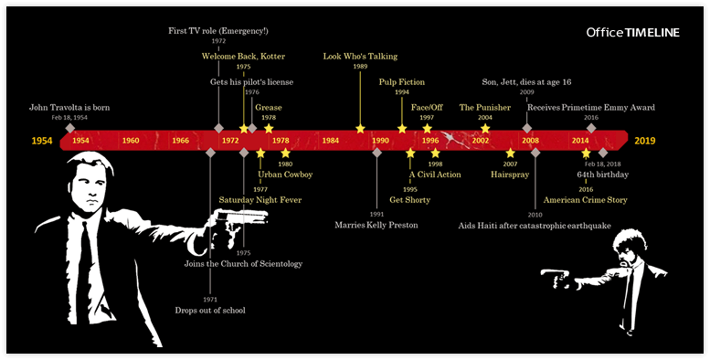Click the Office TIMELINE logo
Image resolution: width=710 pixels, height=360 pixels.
click(x=633, y=33)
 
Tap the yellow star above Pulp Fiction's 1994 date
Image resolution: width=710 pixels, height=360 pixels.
click(x=402, y=128)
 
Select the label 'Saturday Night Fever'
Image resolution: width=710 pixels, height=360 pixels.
click(x=260, y=199)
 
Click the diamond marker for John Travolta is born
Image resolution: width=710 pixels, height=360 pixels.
click(x=69, y=128)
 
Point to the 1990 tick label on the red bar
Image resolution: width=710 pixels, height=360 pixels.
click(x=380, y=141)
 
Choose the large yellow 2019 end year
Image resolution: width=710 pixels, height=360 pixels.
click(x=645, y=141)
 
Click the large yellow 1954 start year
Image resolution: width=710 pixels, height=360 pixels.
click(x=42, y=141)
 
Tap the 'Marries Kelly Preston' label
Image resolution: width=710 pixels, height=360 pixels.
click(x=376, y=225)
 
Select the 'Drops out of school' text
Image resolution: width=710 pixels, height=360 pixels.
click(x=210, y=311)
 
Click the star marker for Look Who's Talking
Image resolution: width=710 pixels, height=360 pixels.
click(x=360, y=128)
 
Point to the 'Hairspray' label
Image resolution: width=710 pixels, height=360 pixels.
click(x=510, y=174)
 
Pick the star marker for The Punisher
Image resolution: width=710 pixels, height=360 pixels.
click(x=485, y=128)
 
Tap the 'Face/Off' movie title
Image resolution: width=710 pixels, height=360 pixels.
click(x=427, y=107)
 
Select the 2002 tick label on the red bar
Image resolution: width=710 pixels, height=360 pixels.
click(x=481, y=141)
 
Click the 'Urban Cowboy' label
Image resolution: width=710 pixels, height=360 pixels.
click(x=285, y=174)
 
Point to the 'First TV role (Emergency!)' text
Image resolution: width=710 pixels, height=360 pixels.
click(x=217, y=30)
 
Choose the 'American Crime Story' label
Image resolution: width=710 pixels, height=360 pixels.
click(x=586, y=199)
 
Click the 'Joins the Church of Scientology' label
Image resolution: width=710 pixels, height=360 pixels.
click(x=243, y=264)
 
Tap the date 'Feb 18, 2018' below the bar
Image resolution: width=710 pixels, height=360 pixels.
click(x=601, y=164)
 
